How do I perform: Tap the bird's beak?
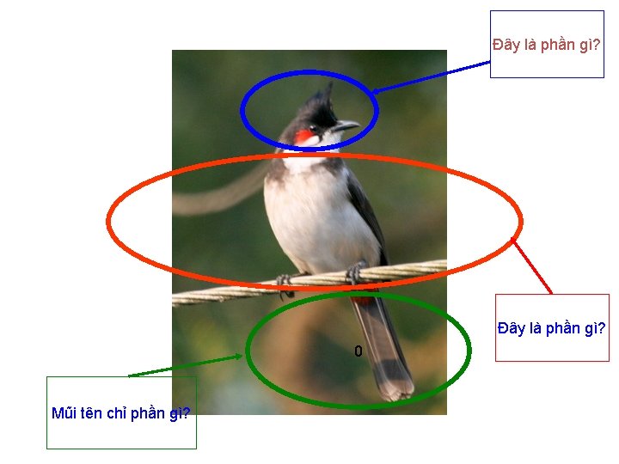(x=346, y=126)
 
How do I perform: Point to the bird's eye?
(x=316, y=129)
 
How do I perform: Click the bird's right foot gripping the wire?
(x=353, y=274)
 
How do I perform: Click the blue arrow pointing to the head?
(x=430, y=76)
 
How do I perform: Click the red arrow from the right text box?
(x=533, y=266)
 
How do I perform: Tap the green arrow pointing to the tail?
(x=185, y=366)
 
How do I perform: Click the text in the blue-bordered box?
(x=546, y=45)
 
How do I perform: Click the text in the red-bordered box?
(x=552, y=328)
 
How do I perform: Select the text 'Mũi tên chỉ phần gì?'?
(x=120, y=413)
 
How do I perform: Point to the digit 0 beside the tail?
(x=359, y=351)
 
